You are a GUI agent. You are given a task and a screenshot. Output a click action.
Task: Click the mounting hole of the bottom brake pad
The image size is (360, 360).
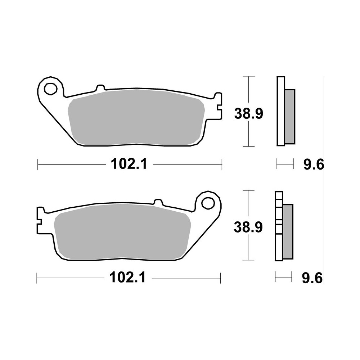[x=207, y=203]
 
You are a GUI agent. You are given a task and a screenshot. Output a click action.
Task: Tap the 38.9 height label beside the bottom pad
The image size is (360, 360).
[x=248, y=227]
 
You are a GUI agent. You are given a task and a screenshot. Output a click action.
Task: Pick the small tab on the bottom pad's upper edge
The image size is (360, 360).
[x=157, y=202]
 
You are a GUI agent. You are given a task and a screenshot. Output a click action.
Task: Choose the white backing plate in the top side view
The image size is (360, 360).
[x=280, y=111]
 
